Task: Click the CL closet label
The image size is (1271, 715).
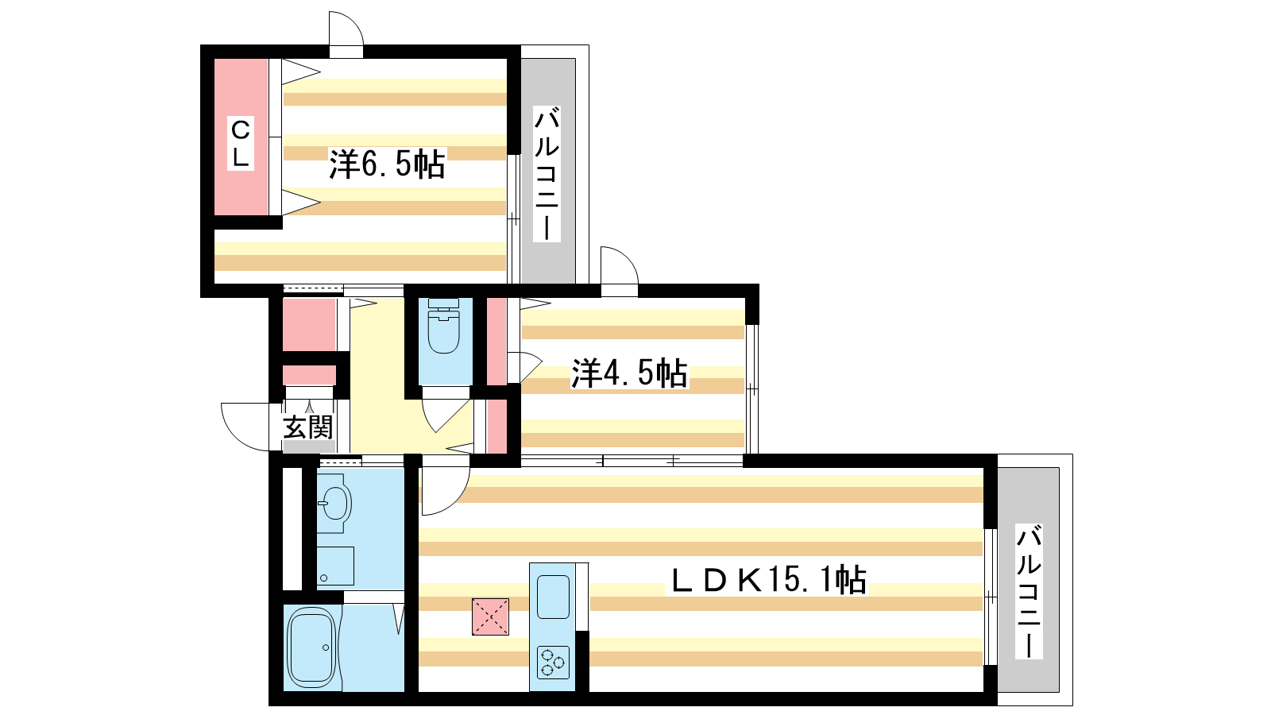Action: pos(240,143)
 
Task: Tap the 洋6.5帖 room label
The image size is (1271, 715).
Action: pos(387,164)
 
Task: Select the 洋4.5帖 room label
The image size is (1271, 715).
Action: pos(629,373)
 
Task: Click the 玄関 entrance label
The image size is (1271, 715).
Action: pos(307,427)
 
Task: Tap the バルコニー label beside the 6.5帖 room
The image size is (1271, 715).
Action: pos(547,173)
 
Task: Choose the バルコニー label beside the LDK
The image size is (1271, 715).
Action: pos(1029,591)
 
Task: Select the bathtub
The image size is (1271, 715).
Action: pos(311,647)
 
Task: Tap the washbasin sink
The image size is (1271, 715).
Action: pos(334,503)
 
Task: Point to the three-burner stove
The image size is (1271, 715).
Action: pos(553,663)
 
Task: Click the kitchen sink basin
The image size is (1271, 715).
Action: pos(553,597)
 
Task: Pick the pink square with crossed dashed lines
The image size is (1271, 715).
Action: pos(490,616)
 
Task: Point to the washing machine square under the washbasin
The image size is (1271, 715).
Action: pos(335,566)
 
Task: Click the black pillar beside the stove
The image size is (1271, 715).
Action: pos(582,661)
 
